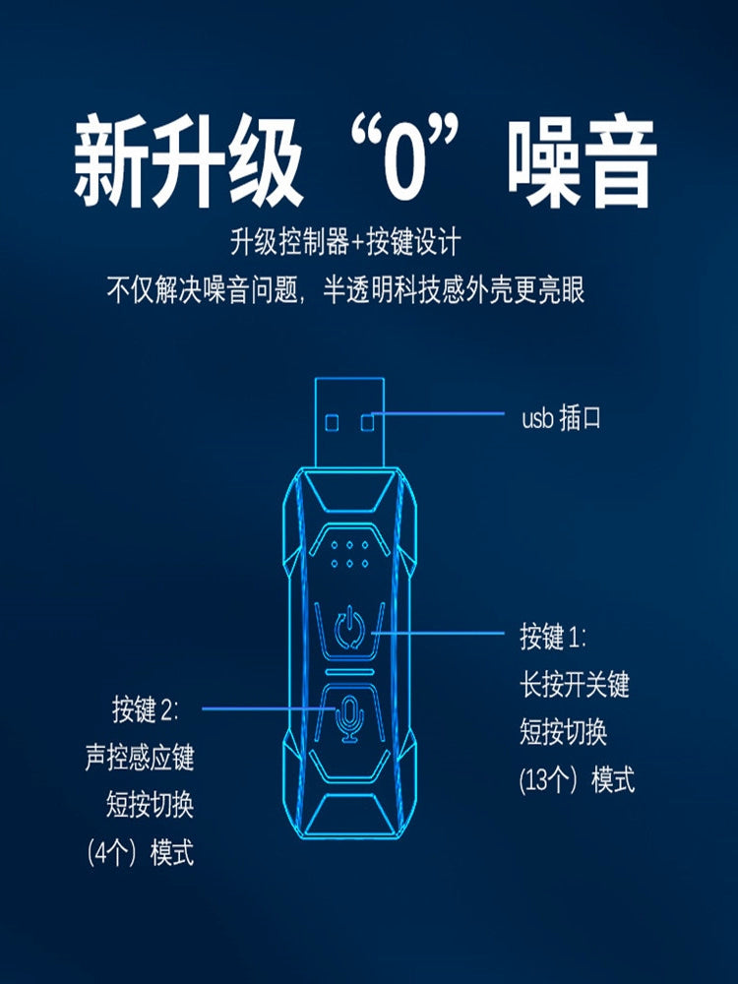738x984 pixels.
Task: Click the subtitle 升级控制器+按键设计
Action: (345, 242)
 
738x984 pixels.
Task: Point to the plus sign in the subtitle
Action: (357, 243)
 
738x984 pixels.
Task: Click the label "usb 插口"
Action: (561, 418)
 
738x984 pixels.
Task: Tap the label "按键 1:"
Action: (553, 637)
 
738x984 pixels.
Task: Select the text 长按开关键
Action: (575, 684)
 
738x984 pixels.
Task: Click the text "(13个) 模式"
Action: (577, 780)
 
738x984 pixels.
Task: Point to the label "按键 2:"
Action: (146, 709)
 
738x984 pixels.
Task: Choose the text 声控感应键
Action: (140, 757)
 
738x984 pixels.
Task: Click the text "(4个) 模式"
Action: (141, 853)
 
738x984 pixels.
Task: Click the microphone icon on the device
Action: (349, 718)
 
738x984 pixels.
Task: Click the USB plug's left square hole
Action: (332, 422)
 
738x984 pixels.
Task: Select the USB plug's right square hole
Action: (368, 422)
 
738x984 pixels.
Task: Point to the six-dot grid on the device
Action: (349, 554)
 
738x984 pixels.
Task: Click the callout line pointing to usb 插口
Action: (438, 413)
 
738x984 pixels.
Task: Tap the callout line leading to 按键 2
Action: (270, 709)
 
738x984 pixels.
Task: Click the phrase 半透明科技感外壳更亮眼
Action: (454, 290)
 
